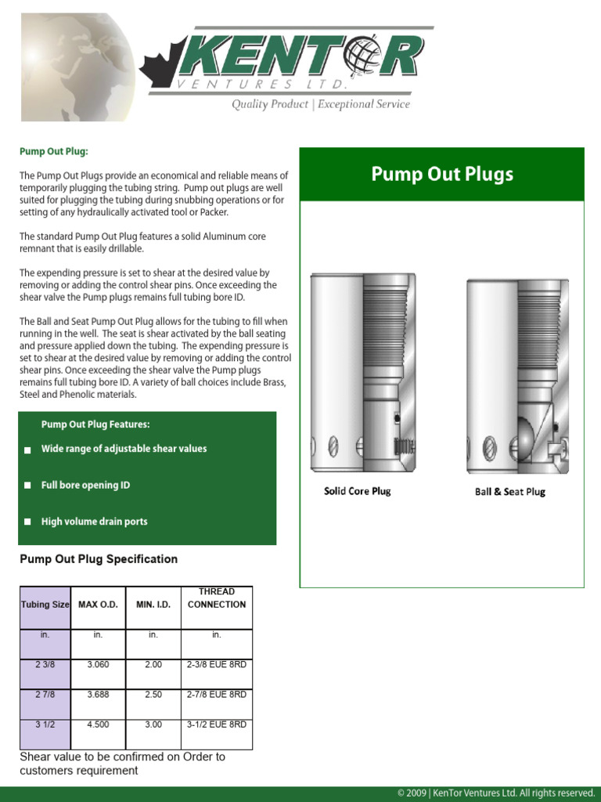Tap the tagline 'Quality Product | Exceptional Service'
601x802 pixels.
click(x=320, y=104)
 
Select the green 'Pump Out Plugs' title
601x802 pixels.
click(x=442, y=174)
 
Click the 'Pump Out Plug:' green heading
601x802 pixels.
click(x=54, y=151)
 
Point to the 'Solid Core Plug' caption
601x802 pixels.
click(x=358, y=491)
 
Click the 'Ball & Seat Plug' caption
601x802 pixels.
click(x=510, y=492)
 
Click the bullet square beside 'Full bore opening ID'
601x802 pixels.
click(x=27, y=486)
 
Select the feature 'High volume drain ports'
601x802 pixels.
click(x=94, y=522)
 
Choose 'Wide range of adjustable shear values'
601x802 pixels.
click(x=124, y=449)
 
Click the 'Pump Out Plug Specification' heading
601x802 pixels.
click(x=99, y=559)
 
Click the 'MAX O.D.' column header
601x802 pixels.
click(x=98, y=605)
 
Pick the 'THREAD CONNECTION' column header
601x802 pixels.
click(x=217, y=598)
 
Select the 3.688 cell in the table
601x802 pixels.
click(x=98, y=695)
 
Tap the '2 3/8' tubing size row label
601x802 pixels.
click(x=45, y=664)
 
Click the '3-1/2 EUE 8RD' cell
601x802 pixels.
click(x=217, y=724)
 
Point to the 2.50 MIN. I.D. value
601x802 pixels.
click(x=153, y=695)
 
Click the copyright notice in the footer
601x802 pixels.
click(x=495, y=793)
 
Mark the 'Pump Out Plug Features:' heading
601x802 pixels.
click(x=95, y=424)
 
